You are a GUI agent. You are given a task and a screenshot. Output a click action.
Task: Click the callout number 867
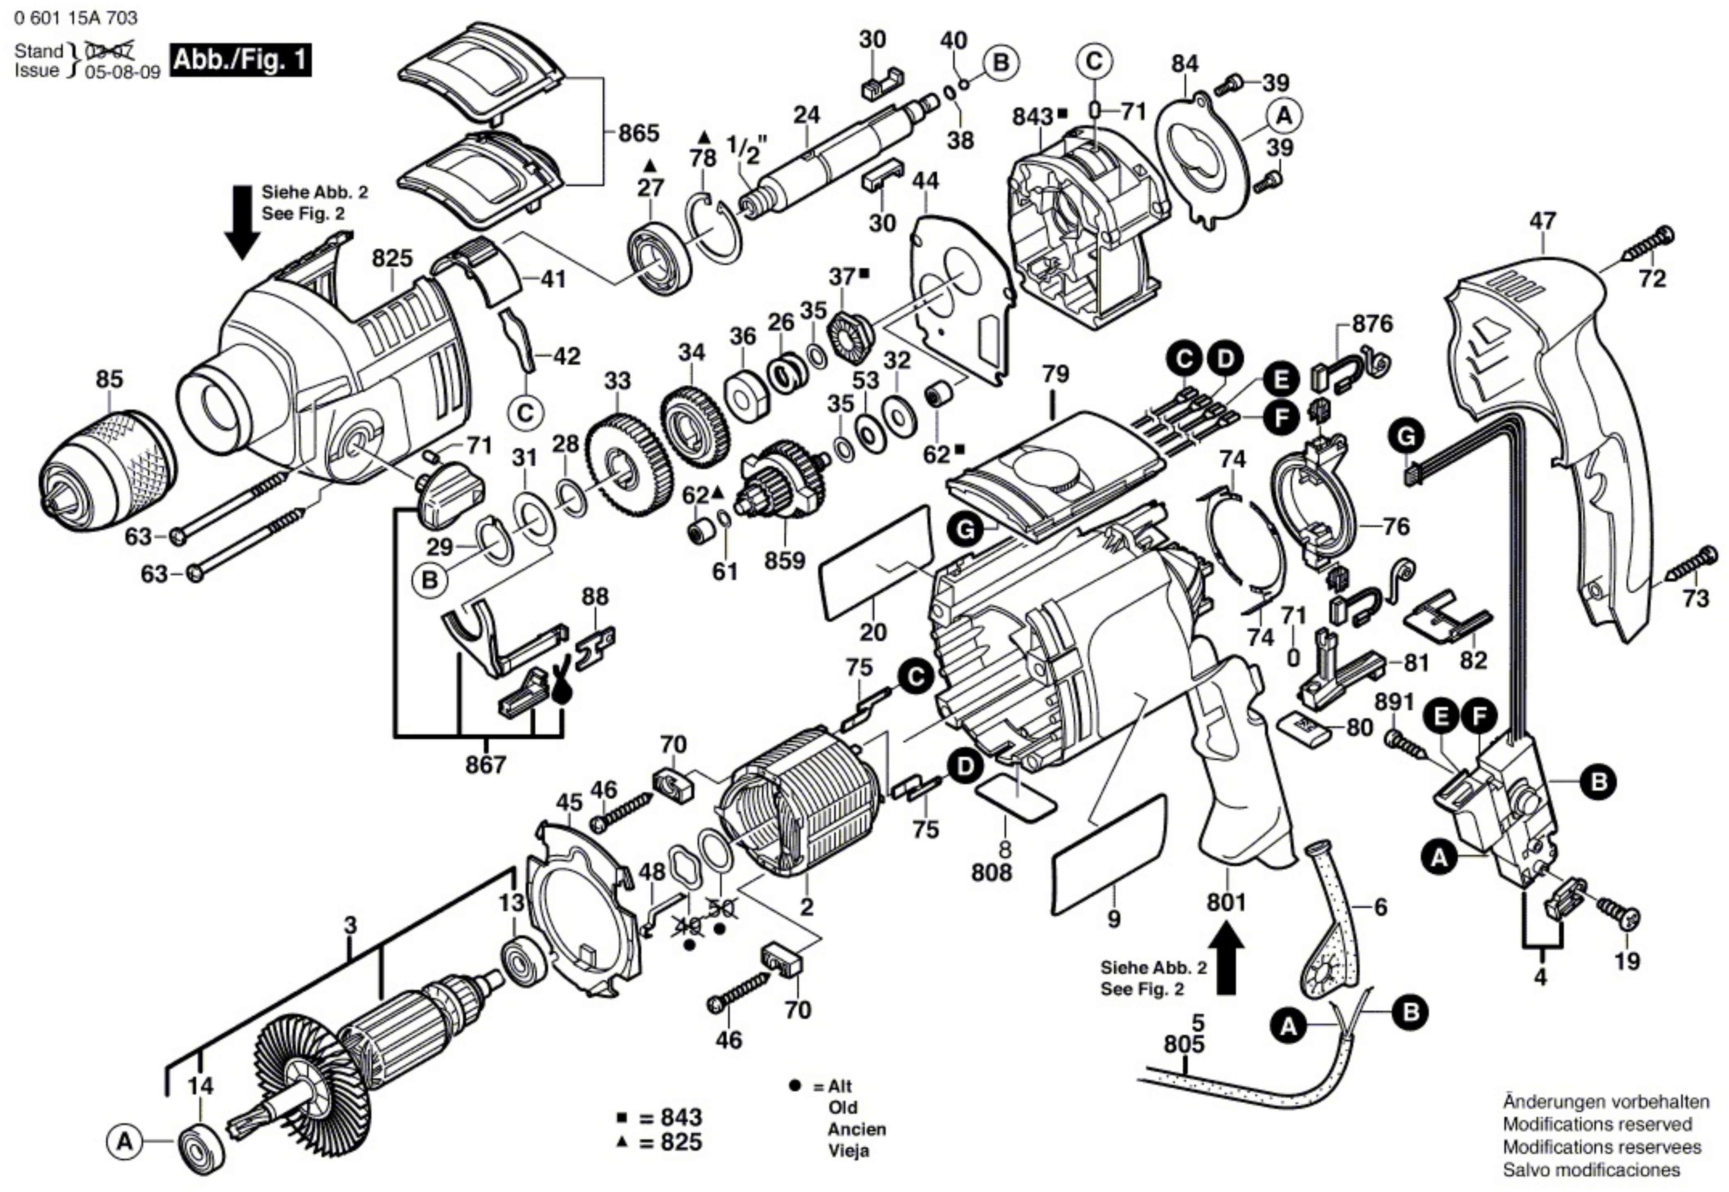(486, 765)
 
